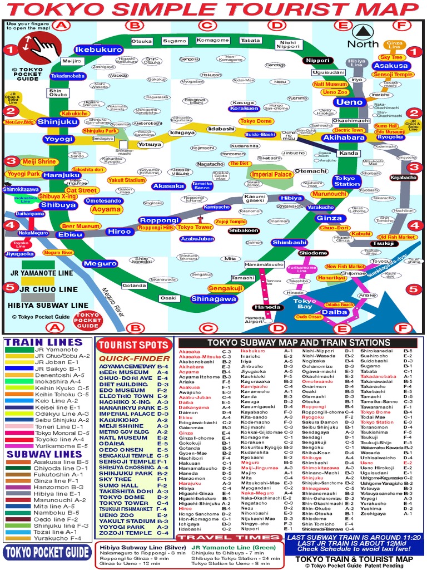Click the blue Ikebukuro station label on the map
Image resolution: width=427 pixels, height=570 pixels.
(x=98, y=50)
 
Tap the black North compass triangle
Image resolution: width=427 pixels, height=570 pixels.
(x=364, y=32)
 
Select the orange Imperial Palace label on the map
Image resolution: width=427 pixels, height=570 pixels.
(x=271, y=174)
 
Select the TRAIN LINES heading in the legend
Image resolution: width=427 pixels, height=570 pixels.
(x=43, y=342)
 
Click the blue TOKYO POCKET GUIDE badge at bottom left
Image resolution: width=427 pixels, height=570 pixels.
(x=47, y=552)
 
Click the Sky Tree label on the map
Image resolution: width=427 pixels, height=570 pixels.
(x=391, y=57)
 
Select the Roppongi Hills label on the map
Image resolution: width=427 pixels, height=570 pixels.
(x=156, y=227)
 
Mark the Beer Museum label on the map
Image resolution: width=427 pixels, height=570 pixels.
(x=81, y=227)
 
